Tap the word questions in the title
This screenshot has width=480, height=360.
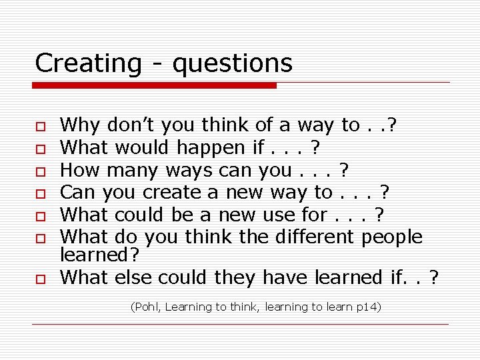point(232,65)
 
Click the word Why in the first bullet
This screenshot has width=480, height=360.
point(80,125)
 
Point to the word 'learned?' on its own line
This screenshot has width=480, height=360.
point(98,254)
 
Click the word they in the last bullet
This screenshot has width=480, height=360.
point(235,277)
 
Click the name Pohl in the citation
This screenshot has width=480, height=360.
point(146,307)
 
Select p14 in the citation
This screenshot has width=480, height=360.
point(366,307)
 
